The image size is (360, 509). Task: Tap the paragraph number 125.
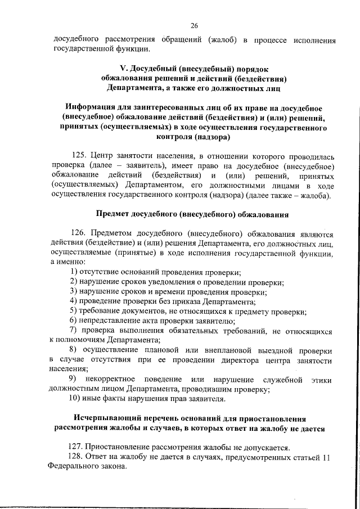pos(80,154)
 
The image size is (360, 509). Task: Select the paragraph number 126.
pos(80,233)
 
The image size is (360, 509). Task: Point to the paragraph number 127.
pos(75,447)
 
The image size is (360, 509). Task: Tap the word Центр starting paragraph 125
pos(105,154)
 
